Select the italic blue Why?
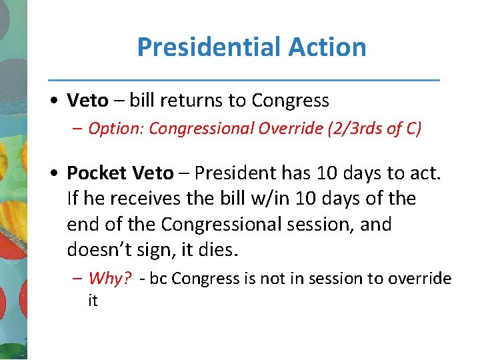click(x=110, y=279)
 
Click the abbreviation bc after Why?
click(x=158, y=279)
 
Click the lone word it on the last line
click(x=93, y=301)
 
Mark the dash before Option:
click(x=78, y=129)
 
